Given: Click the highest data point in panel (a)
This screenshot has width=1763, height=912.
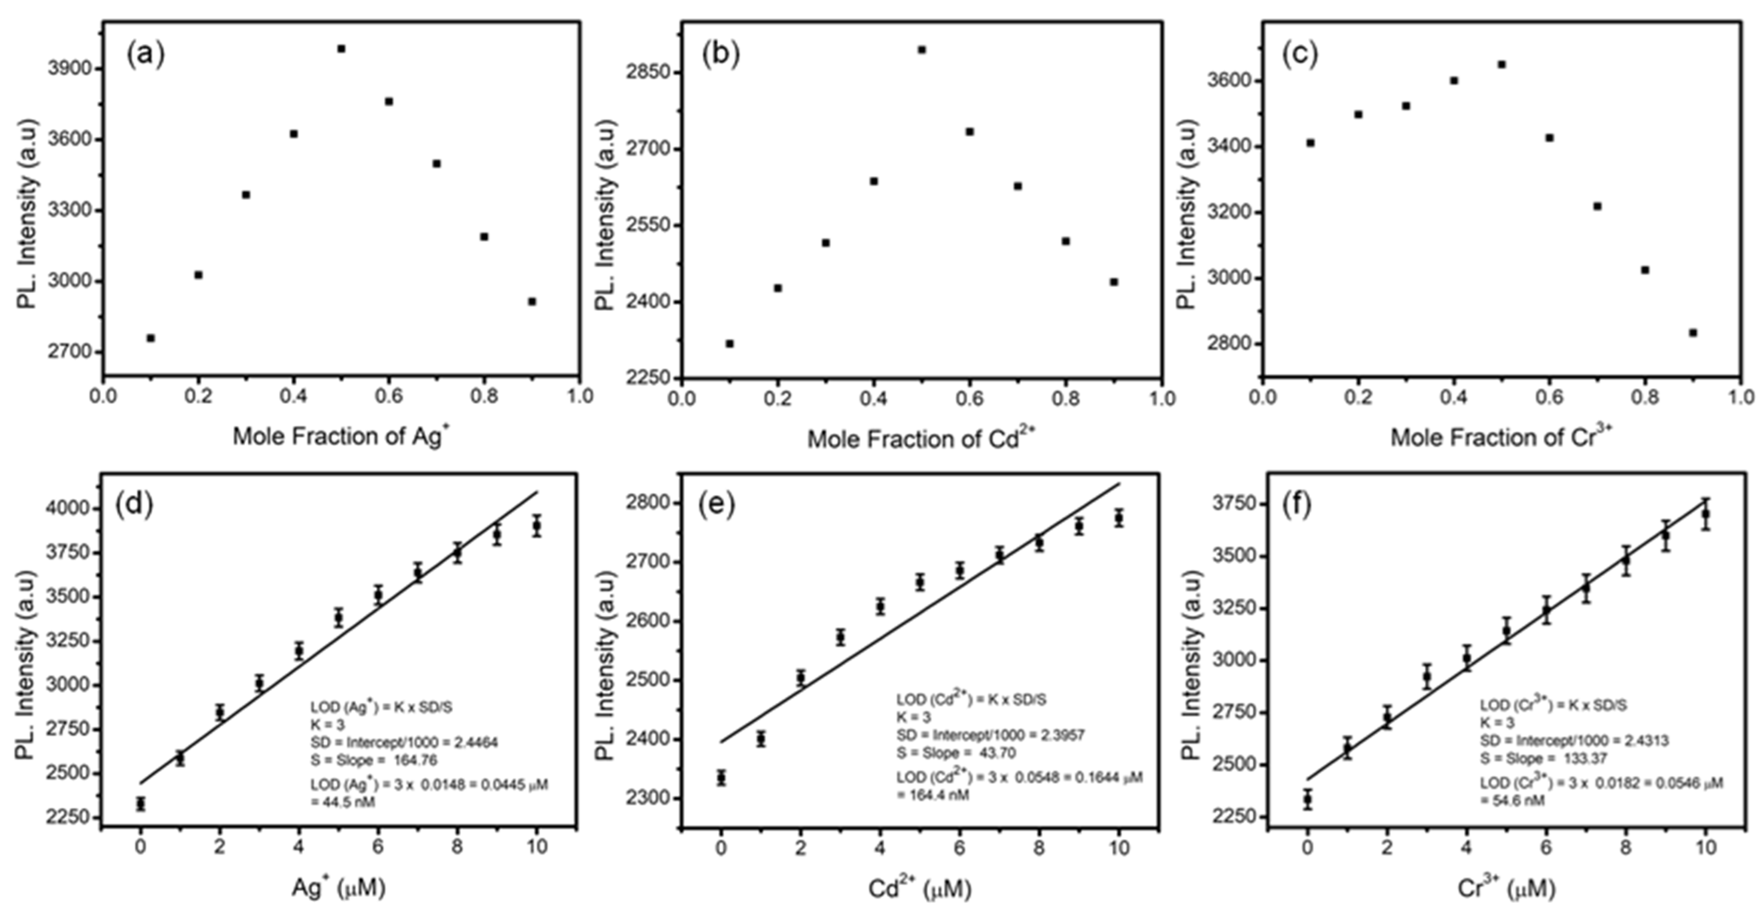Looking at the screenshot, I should (x=341, y=49).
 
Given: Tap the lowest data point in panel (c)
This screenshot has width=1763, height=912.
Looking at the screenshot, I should (x=1693, y=332).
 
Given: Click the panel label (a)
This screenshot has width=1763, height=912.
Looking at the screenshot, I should (x=145, y=55).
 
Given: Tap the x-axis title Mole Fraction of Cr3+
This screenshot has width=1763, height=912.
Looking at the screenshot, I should (x=1501, y=437).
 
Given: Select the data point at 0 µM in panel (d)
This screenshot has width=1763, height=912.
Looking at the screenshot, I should (x=140, y=803).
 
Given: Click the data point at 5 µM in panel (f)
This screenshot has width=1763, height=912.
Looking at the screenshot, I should (x=1506, y=631).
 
